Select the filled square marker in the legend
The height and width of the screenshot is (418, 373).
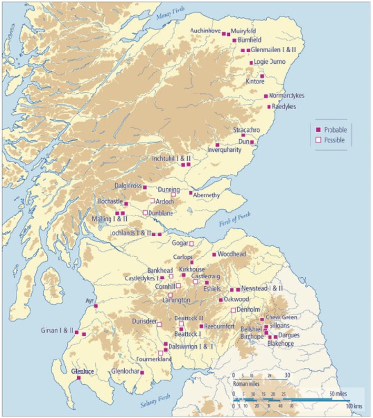coord(317,130)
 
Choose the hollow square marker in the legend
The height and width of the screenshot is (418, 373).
coord(317,140)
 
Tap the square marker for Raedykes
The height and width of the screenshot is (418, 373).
coord(269,106)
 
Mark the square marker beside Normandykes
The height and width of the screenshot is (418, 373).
coord(266,96)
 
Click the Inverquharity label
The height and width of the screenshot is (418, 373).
coord(227,150)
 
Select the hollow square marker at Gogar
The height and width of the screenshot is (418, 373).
coord(191,243)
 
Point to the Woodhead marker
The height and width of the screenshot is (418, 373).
coord(214,254)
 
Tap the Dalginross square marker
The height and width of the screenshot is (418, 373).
coord(145,187)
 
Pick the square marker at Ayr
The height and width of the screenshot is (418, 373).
coord(96,305)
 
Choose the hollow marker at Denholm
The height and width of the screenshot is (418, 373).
coord(233,309)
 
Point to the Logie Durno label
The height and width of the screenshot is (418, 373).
coord(269,62)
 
